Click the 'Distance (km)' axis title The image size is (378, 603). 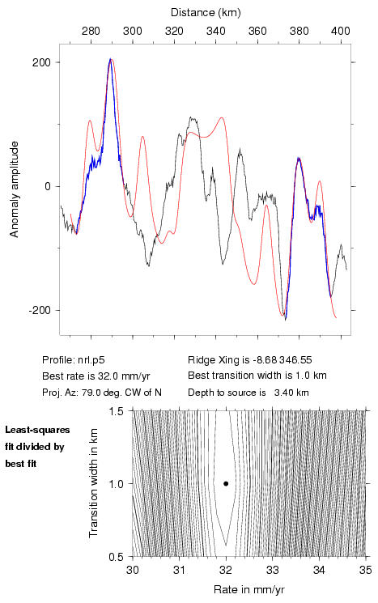point(206,13)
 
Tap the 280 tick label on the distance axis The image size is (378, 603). point(91,31)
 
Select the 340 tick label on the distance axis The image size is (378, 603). point(216,31)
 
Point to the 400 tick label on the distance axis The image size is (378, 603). point(341,31)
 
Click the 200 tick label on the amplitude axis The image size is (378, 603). point(41,62)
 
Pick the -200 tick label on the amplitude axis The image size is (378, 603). point(40,310)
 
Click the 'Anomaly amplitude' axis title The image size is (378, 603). point(15,189)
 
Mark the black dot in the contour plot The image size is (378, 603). point(226,483)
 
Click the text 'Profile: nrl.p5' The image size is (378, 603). point(74,360)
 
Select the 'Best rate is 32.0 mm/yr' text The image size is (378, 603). point(96,376)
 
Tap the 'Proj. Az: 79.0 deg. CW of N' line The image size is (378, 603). point(102,393)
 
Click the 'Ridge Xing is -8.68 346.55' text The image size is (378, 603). point(250,360)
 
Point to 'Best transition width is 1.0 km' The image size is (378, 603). point(257,376)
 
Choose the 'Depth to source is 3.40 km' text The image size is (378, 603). point(248,393)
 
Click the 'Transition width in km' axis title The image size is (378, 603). point(93,483)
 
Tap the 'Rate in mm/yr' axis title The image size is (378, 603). point(249,589)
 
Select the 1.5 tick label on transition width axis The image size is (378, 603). point(116,411)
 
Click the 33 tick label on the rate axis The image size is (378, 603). point(273,570)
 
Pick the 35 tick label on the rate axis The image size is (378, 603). point(366,570)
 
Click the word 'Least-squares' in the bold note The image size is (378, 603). point(38,431)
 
